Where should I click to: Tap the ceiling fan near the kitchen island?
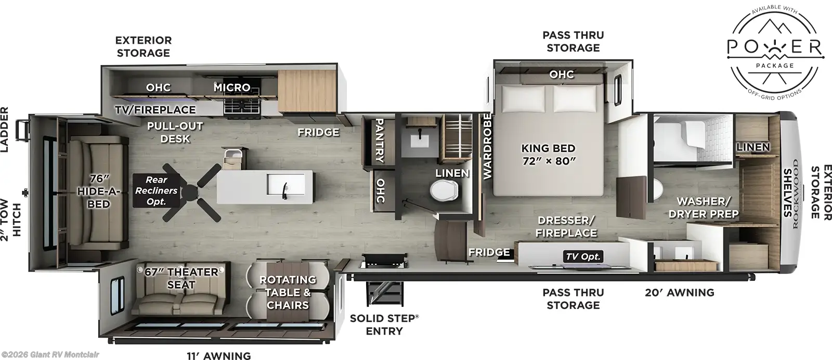click(x=197, y=190)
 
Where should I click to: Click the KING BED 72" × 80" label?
click(x=549, y=154)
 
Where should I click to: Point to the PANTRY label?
click(x=379, y=140)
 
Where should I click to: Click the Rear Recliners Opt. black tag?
click(x=156, y=190)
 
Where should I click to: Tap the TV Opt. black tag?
click(x=583, y=256)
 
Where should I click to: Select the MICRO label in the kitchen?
click(x=232, y=87)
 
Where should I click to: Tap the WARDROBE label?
click(x=487, y=147)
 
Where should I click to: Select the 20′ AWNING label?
click(x=679, y=292)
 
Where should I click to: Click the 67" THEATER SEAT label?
click(x=181, y=278)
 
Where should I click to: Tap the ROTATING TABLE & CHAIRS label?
click(x=288, y=292)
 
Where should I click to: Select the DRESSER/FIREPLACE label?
click(x=567, y=227)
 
